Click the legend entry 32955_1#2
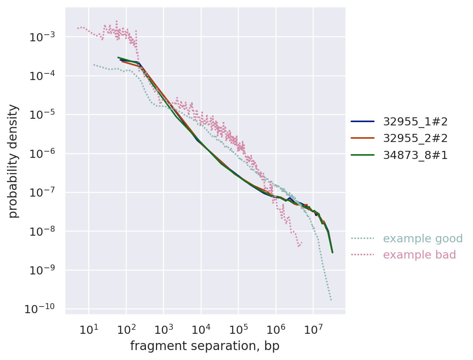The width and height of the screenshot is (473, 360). point(415,121)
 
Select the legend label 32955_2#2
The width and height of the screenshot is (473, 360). point(415,138)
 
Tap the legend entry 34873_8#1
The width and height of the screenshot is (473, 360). point(415,155)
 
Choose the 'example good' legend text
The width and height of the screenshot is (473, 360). point(422,239)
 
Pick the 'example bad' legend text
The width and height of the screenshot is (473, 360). point(419,255)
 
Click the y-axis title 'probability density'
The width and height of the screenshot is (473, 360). point(13,161)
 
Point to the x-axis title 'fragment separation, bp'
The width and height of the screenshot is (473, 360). point(205,346)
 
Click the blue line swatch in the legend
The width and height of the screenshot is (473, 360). point(362,121)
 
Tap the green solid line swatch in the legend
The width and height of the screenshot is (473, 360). point(362,155)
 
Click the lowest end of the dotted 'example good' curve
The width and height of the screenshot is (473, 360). point(331,300)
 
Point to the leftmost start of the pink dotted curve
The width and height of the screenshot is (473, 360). point(77,28)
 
